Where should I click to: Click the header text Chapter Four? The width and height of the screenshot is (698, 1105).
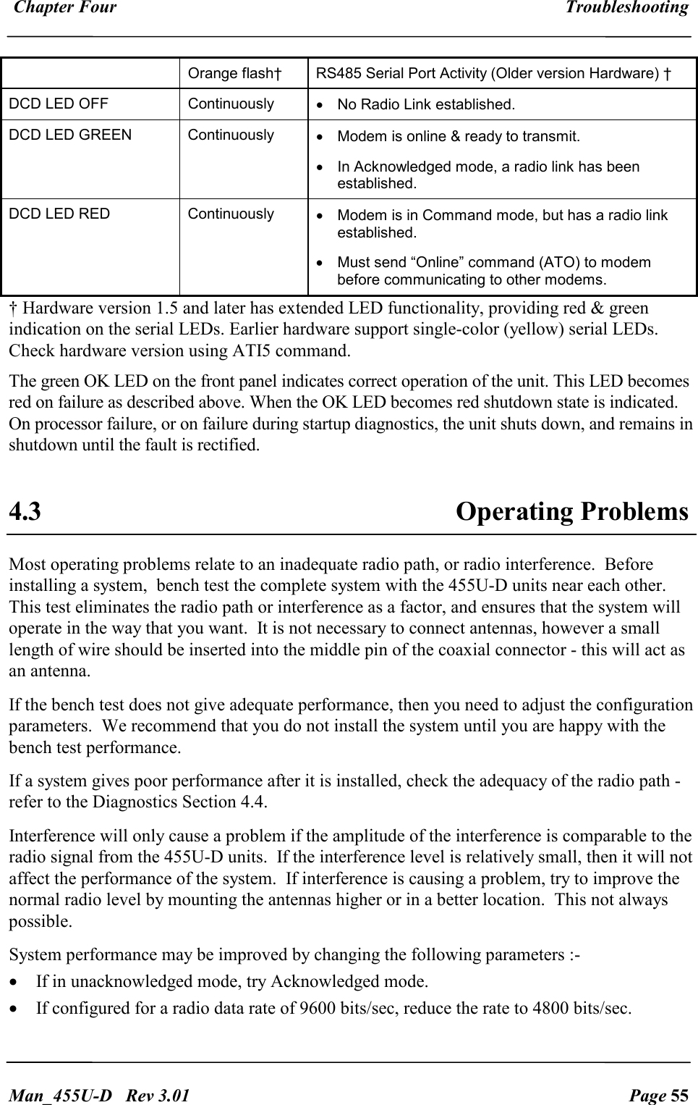pos(65,8)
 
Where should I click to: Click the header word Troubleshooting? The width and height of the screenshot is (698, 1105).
pos(626,8)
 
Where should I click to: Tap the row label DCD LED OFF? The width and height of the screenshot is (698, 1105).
pos(59,104)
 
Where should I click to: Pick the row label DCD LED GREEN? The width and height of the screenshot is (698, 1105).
pos(70,135)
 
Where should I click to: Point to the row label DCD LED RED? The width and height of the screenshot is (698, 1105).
pos(59,214)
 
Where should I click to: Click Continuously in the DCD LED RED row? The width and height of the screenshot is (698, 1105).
pos(231,214)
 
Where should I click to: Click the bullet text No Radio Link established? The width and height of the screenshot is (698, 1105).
pos(426,105)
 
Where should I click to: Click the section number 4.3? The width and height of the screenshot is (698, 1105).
pos(25,512)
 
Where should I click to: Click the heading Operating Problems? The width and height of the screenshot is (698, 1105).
pos(571,512)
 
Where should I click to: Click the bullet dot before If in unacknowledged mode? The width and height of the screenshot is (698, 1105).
pos(14,983)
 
